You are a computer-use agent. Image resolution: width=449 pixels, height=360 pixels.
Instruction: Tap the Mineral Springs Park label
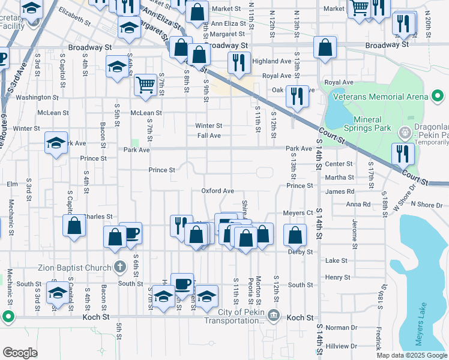(367, 124)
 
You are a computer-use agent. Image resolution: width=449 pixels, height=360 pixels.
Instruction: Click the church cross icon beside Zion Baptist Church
(120, 266)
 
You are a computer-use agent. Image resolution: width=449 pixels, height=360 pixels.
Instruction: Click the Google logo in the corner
(20, 352)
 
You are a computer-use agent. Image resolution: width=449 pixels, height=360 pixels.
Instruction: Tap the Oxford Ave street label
(217, 191)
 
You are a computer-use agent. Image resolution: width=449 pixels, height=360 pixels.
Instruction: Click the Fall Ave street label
(209, 136)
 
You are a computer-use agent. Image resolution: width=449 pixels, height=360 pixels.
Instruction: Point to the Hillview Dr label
(342, 346)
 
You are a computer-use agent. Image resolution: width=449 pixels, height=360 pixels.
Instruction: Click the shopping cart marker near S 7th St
(145, 85)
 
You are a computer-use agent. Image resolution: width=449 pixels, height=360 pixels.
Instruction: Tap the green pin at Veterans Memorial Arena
(438, 96)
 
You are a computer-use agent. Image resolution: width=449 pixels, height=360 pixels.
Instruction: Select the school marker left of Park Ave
(56, 143)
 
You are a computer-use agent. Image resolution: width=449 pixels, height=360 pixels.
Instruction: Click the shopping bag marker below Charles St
(74, 227)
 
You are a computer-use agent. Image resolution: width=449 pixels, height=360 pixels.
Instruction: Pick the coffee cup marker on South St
(182, 283)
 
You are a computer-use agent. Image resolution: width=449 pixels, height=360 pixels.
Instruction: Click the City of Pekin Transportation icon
(273, 314)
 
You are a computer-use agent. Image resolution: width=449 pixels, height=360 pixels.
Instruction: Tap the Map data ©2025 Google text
(411, 355)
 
